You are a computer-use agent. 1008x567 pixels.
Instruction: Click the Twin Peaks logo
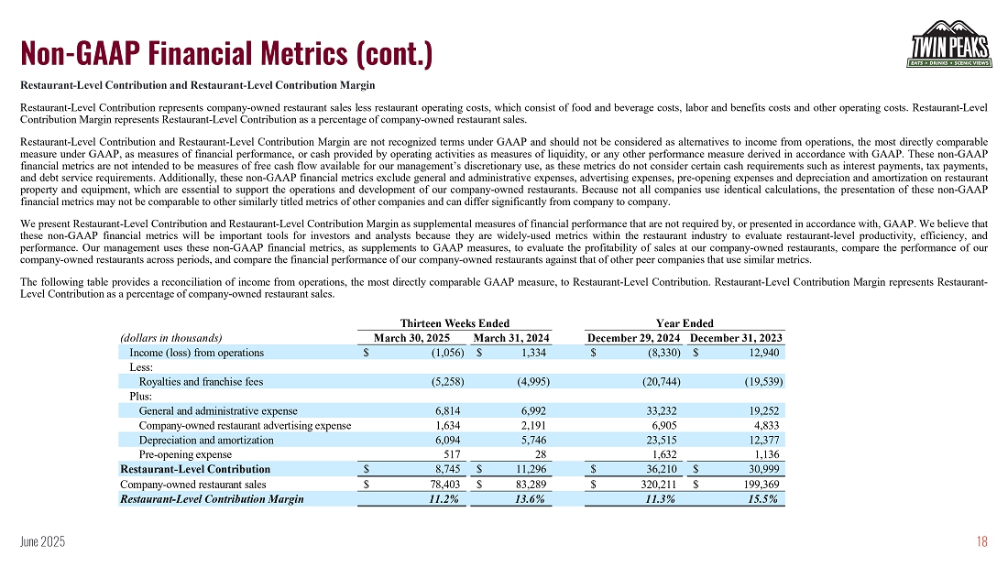(949, 44)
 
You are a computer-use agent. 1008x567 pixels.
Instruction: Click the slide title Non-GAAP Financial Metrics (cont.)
(226, 53)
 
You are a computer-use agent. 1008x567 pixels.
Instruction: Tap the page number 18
(981, 542)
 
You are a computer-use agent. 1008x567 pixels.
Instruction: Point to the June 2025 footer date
(42, 543)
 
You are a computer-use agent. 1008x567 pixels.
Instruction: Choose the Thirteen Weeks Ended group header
(455, 323)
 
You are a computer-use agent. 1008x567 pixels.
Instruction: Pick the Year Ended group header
(685, 323)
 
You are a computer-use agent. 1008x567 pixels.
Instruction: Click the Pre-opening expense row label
(185, 454)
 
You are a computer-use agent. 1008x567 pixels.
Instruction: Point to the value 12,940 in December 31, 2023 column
(765, 353)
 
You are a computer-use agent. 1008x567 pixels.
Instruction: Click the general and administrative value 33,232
(659, 410)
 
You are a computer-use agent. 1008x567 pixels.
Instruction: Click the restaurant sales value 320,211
(654, 484)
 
